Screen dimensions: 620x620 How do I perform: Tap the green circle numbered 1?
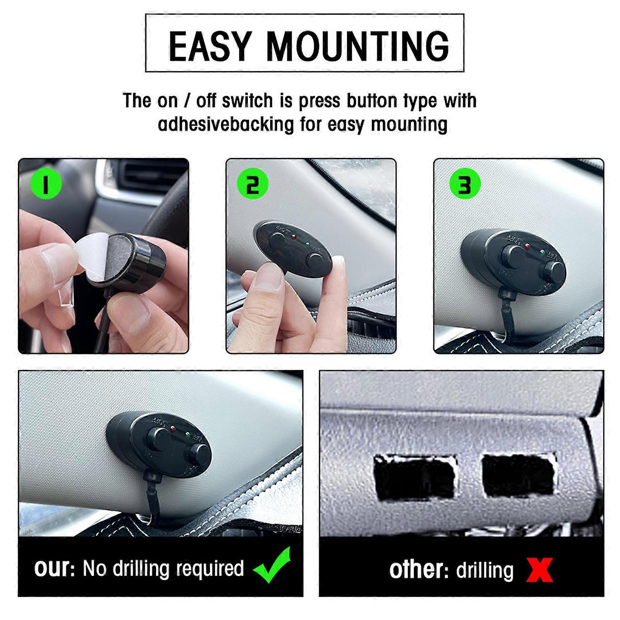(x=46, y=184)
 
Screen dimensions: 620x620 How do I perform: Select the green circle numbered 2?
(x=253, y=184)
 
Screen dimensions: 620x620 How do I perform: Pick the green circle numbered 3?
(x=465, y=184)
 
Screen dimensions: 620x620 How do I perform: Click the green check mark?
(x=273, y=565)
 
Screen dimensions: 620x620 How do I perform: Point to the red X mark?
(x=539, y=570)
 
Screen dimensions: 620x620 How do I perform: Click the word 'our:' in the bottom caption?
(x=54, y=568)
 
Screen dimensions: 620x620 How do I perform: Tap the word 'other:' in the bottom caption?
(x=418, y=570)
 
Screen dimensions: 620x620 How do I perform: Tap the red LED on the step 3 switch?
(x=527, y=247)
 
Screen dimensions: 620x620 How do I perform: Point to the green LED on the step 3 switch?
(x=542, y=254)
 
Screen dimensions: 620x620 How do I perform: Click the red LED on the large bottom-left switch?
(x=173, y=429)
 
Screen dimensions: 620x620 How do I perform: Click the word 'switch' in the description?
(x=247, y=101)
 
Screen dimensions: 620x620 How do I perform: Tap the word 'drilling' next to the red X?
(x=484, y=570)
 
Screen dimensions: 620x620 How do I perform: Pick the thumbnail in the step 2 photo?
(x=268, y=277)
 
